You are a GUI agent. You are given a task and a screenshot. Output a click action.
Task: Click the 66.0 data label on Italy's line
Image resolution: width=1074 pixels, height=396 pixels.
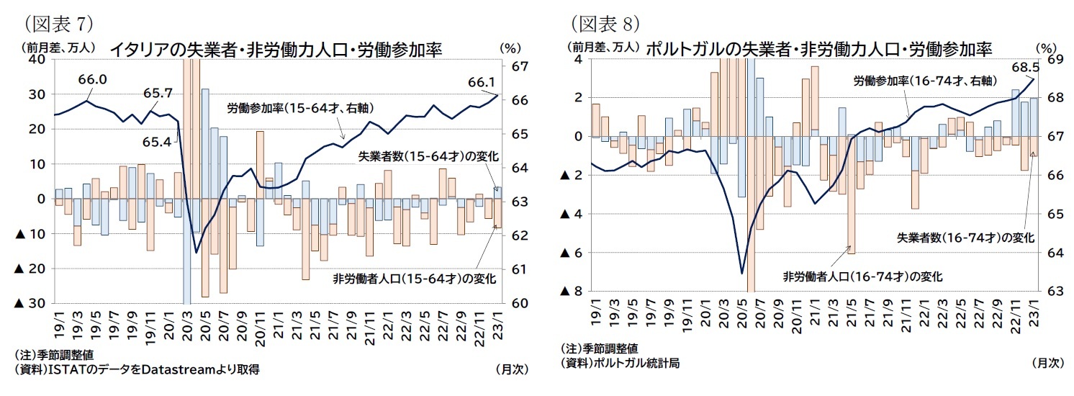93,80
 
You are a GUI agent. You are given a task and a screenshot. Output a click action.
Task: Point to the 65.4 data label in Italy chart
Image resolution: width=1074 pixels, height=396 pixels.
158,142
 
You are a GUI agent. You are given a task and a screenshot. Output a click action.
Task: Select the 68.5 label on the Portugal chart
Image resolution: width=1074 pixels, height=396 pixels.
1026,67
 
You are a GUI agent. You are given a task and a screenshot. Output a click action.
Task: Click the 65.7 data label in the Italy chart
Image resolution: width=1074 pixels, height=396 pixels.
158,93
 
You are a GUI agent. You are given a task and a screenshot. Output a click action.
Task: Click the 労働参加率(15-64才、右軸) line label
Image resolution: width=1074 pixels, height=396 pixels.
299,109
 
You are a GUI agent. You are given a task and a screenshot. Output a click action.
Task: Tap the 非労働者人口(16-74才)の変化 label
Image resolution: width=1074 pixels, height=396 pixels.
862,276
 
